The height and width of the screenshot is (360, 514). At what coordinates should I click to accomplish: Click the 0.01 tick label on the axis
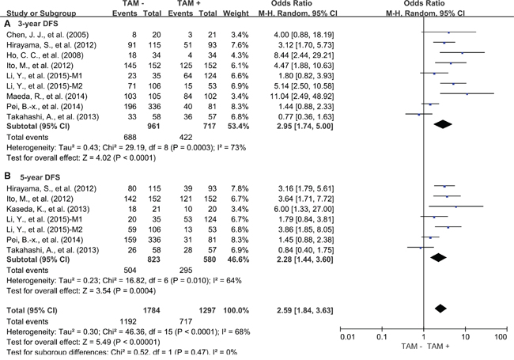click(x=346, y=336)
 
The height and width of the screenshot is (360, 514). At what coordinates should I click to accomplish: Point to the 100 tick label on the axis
click(x=500, y=336)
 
